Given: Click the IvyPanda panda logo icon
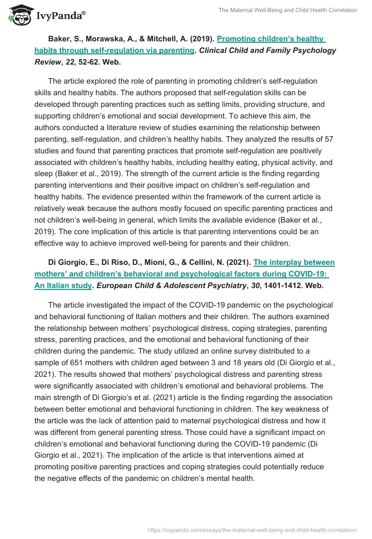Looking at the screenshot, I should click(x=17, y=14).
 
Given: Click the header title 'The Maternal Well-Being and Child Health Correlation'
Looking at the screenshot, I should click(x=287, y=10).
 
